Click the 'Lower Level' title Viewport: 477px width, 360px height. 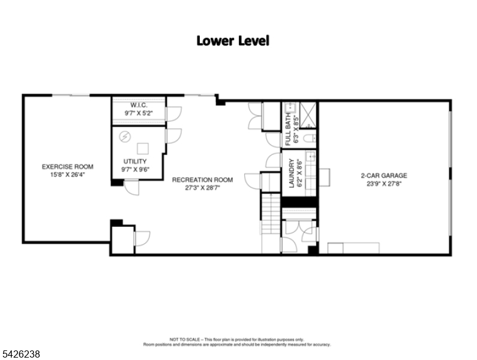tap(233, 41)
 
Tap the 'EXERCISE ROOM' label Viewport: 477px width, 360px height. tap(67, 167)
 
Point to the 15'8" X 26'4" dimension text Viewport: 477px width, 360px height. tap(67, 175)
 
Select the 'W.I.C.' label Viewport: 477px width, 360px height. tap(139, 105)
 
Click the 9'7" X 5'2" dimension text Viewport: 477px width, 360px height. tap(139, 113)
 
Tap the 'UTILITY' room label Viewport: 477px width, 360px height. tap(134, 161)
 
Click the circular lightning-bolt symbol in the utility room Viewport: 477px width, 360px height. tap(125, 137)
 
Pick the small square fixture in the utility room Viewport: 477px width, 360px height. tap(144, 148)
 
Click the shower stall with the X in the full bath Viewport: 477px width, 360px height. tap(308, 113)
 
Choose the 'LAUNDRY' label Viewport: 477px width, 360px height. tap(292, 173)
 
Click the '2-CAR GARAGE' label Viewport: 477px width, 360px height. tap(383, 176)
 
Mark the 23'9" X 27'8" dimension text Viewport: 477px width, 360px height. tap(383, 184)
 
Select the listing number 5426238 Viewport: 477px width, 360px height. tap(21, 355)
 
